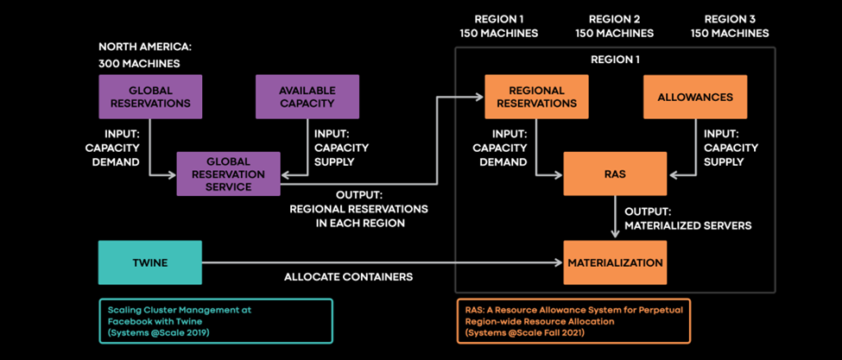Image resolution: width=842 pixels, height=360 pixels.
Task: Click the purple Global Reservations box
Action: (x=150, y=97)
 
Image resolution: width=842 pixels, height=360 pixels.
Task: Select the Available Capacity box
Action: (x=307, y=97)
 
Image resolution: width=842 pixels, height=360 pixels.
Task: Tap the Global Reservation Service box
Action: (x=229, y=174)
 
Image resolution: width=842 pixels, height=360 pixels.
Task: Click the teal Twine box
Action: (x=150, y=262)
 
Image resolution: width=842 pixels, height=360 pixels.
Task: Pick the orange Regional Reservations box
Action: (x=536, y=97)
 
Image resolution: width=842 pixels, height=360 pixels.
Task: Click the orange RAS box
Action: (x=615, y=174)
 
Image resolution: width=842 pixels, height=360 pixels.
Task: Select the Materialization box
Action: (x=615, y=262)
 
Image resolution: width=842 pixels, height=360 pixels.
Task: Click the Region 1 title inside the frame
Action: (x=615, y=60)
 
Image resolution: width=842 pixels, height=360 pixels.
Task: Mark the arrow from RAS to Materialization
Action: (x=615, y=218)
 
